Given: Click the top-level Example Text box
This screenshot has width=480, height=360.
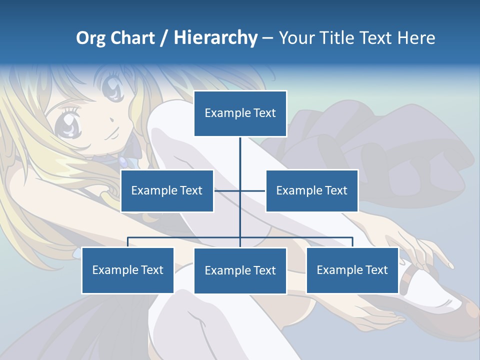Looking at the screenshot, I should click(x=240, y=113).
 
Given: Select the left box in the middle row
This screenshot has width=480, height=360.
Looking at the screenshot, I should click(x=167, y=190).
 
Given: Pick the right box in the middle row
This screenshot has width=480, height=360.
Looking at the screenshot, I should click(x=311, y=190).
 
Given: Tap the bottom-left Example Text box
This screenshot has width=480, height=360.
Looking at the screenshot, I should click(x=127, y=270).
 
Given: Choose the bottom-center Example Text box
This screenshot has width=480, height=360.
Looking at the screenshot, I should click(x=240, y=270).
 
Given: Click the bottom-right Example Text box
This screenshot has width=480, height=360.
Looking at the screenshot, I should click(x=352, y=270).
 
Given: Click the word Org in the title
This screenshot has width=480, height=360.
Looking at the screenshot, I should click(x=90, y=38).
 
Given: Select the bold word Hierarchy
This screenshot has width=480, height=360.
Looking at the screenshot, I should click(x=215, y=38).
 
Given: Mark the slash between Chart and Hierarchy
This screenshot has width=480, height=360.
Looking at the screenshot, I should click(x=164, y=38).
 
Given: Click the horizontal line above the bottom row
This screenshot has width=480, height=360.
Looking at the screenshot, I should click(x=185, y=237).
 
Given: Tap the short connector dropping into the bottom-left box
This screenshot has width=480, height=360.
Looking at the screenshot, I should click(x=128, y=242).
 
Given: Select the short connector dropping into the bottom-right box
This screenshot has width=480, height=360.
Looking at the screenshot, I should click(x=352, y=242).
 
